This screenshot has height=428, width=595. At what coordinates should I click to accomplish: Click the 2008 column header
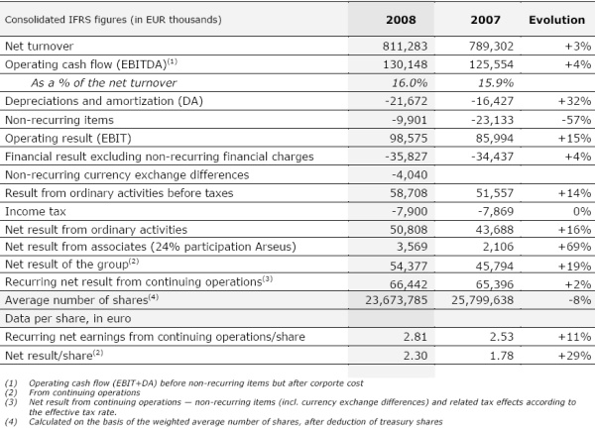(x=401, y=20)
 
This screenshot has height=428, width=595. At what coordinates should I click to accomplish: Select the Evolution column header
(x=556, y=20)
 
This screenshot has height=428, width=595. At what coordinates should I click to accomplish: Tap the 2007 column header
(x=485, y=20)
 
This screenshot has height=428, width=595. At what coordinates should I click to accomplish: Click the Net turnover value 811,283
(x=405, y=47)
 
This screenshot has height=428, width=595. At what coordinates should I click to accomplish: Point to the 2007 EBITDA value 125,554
(x=491, y=64)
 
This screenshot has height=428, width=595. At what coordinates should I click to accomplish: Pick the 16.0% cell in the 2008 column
(x=410, y=82)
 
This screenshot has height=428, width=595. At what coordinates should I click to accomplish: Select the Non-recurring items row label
(x=59, y=120)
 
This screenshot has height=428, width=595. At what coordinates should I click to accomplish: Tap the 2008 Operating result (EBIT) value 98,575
(x=409, y=138)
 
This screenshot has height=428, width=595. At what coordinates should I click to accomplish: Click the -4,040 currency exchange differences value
(x=410, y=174)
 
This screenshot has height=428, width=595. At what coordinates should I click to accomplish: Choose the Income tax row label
(x=36, y=211)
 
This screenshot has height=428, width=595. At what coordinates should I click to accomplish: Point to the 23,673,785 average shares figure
(x=396, y=300)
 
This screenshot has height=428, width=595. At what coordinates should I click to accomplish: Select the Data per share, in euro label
(x=67, y=318)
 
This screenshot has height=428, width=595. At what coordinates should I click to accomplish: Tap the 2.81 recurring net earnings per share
(x=416, y=337)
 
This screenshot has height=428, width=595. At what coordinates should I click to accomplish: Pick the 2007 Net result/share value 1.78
(x=501, y=356)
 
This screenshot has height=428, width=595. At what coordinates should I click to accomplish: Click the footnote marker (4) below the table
(x=11, y=421)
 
